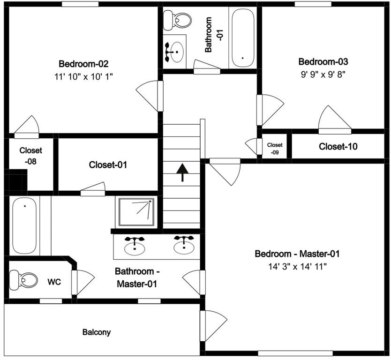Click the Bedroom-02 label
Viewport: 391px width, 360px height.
(83, 64)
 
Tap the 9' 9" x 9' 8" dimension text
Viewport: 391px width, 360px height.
(323, 74)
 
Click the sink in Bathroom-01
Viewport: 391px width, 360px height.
(174, 52)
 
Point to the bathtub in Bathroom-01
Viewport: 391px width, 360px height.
(243, 37)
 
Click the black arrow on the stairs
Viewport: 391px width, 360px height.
(182, 172)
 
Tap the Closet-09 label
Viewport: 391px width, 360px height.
(275, 148)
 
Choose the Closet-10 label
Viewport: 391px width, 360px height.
(338, 146)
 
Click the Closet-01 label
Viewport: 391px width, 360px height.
(108, 165)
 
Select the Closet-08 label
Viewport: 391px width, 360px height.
(30, 156)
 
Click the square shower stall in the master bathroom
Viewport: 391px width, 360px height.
(136, 212)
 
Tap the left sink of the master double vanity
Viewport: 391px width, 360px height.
(135, 246)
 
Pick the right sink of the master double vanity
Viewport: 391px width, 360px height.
(184, 245)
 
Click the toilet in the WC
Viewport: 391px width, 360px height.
(23, 280)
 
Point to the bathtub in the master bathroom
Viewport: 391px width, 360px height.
(24, 226)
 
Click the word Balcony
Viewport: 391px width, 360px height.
(97, 332)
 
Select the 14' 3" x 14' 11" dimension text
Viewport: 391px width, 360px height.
(297, 267)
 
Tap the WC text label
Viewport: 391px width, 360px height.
(54, 282)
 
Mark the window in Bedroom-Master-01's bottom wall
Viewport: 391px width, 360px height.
(295, 353)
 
